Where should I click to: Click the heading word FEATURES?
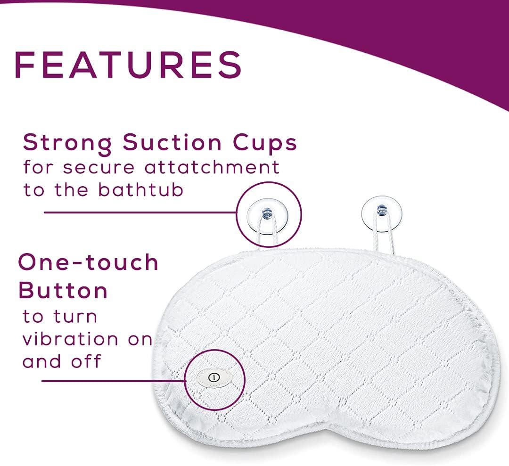[128, 65]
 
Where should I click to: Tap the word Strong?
[67, 143]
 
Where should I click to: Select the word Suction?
[172, 142]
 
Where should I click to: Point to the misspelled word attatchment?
[212, 167]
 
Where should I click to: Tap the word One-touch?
[88, 262]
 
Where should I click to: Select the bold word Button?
[63, 290]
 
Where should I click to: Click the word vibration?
[70, 339]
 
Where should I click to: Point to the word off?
[86, 361]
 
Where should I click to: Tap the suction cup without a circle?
[382, 213]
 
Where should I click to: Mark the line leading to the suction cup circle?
[140, 213]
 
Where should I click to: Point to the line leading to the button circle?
[114, 381]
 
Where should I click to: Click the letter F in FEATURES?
[25, 65]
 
